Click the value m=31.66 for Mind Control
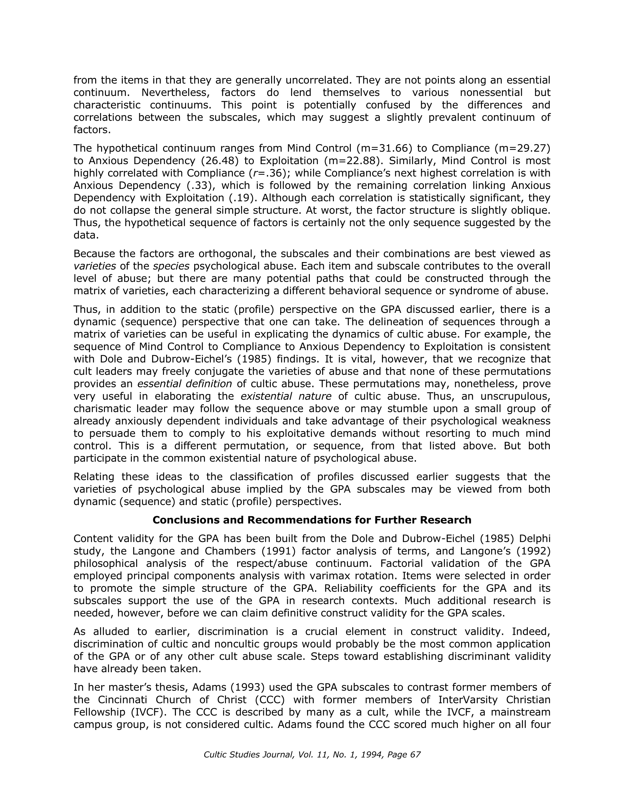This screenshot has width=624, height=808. [x=385, y=148]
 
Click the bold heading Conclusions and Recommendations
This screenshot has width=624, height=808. [x=312, y=520]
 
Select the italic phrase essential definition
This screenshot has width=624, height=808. [x=185, y=384]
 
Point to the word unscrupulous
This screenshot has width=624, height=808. [x=516, y=396]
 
